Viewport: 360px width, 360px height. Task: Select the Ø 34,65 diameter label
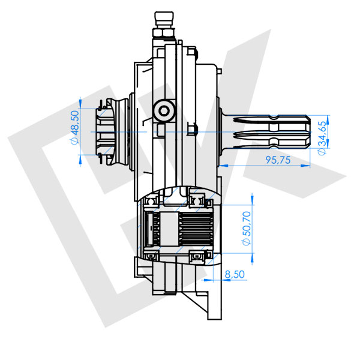322,137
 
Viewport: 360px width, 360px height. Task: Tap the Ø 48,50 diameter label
74,128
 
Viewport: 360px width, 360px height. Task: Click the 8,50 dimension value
233,274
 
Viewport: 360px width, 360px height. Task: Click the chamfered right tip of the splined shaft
308,131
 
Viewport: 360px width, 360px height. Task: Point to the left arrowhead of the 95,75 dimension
221,164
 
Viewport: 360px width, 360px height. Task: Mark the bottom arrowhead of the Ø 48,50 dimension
81,154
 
